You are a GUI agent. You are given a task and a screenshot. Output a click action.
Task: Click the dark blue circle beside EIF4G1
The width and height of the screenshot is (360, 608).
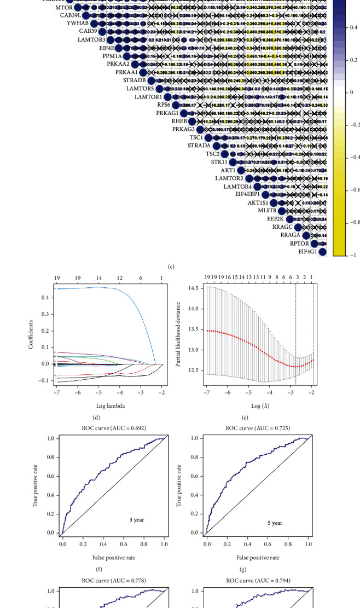click(x=322, y=252)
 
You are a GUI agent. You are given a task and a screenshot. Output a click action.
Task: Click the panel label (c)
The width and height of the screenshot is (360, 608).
click(x=171, y=267)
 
